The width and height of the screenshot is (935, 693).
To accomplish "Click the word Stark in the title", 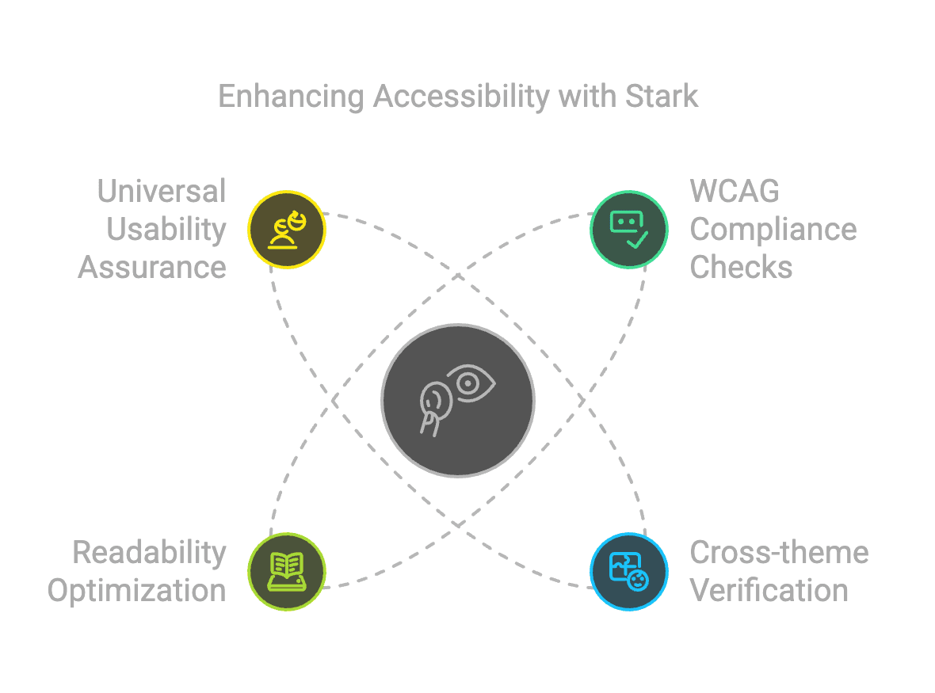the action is click(662, 96).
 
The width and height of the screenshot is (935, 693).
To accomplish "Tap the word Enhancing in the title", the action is click(291, 97).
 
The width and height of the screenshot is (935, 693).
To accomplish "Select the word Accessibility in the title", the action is click(461, 97).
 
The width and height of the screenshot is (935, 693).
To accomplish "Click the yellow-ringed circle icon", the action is click(286, 230).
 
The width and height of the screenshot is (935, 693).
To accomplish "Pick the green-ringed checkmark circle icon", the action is click(629, 230).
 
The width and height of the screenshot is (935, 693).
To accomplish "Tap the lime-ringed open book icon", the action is click(286, 572).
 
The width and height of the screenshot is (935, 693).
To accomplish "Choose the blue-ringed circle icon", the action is click(629, 572).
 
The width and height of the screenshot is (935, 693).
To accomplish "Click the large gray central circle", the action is click(458, 401).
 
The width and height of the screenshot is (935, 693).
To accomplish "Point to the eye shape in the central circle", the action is click(471, 383).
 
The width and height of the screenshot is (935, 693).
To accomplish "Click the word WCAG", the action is click(735, 192).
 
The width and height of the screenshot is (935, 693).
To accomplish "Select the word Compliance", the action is click(773, 230).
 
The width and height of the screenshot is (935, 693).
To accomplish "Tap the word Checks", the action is click(741, 268).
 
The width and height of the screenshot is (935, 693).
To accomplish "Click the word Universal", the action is click(162, 192).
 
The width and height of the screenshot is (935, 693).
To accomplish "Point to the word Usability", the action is click(166, 230).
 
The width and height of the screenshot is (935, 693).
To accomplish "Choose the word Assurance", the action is click(152, 268).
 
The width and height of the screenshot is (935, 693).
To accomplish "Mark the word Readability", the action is click(149, 553).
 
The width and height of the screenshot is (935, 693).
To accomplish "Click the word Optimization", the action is click(136, 591).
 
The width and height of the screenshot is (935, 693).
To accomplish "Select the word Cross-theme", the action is click(780, 552).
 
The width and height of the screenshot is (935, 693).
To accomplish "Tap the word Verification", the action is click(769, 591).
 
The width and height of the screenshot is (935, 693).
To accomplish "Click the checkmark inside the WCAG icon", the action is click(637, 239).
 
